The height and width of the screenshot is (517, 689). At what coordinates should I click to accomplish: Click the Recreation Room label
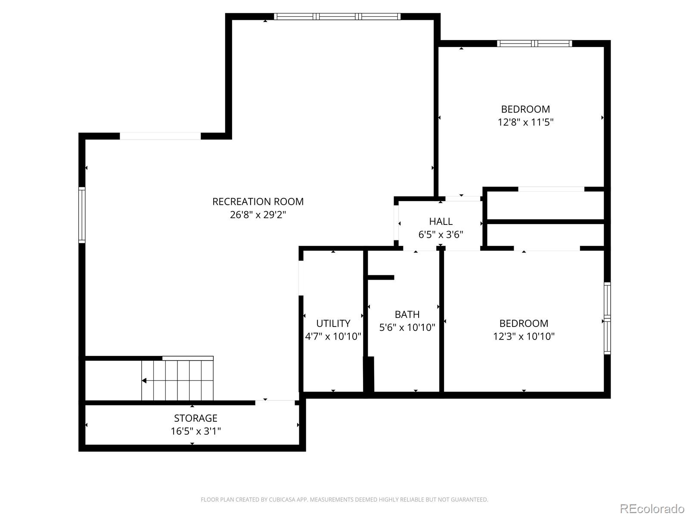click(258, 202)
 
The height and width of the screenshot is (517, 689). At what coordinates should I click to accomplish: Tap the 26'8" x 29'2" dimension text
click(258, 215)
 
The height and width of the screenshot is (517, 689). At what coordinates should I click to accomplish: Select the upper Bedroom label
click(525, 109)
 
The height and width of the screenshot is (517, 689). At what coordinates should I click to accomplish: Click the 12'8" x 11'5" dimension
click(525, 122)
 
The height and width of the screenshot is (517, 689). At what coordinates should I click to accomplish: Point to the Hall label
click(441, 221)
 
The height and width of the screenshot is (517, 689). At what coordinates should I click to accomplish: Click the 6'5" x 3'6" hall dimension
click(441, 234)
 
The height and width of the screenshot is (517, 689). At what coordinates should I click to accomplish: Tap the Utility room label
click(333, 323)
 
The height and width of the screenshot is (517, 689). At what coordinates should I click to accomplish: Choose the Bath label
click(407, 315)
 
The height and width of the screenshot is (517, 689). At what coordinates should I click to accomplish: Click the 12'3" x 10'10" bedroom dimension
click(524, 336)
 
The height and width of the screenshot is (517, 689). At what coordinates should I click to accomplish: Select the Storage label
click(196, 418)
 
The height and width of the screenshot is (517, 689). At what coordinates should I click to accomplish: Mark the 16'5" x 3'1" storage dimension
click(196, 431)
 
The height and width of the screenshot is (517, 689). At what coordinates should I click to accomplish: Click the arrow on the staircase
click(145, 380)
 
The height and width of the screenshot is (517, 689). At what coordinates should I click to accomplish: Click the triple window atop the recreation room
click(337, 17)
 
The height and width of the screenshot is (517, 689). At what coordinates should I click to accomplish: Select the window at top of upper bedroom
click(534, 44)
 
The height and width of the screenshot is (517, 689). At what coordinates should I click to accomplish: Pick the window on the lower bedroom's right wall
click(607, 318)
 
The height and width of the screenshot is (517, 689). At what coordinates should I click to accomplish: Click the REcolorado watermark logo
click(652, 508)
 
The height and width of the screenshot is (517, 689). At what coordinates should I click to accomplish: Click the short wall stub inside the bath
click(381, 277)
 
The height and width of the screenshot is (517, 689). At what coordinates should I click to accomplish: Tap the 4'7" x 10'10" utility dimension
click(333, 336)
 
